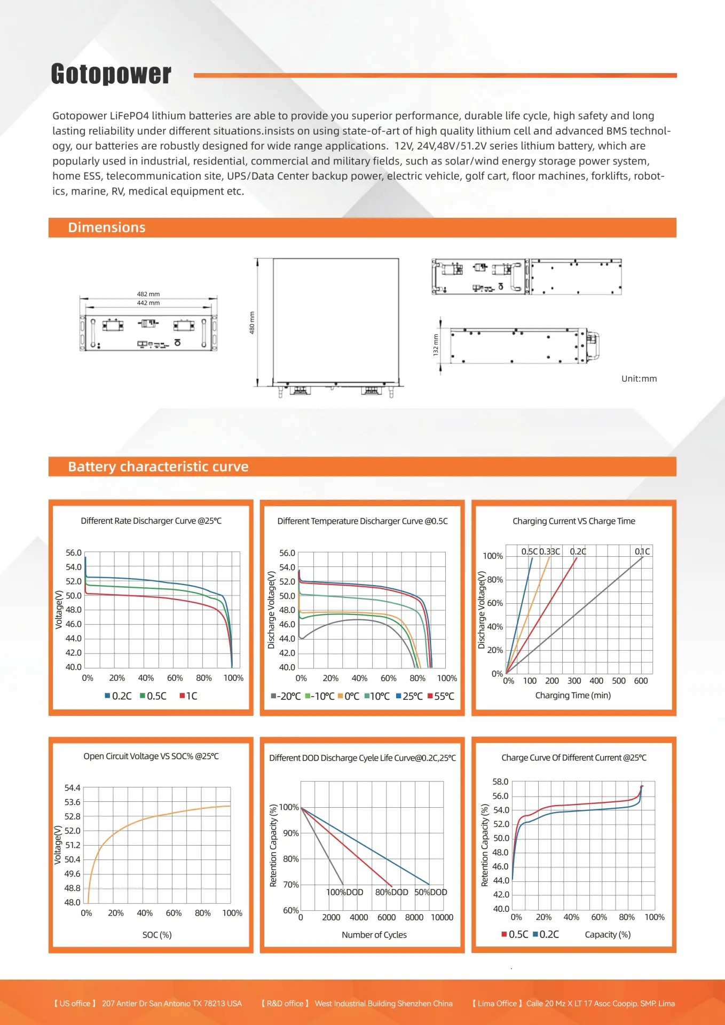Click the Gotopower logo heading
click(x=111, y=74)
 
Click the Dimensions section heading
click(x=107, y=227)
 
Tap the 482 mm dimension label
click(x=148, y=294)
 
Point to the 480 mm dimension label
click(x=252, y=322)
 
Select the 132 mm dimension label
click(x=436, y=344)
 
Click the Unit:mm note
click(x=639, y=379)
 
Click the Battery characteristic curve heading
click(x=158, y=467)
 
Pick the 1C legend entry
click(x=188, y=696)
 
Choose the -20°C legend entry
click(x=286, y=696)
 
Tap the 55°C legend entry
click(x=441, y=696)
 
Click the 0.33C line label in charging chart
click(x=549, y=551)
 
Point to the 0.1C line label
click(x=642, y=551)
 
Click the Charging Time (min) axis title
click(x=573, y=695)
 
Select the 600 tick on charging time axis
click(x=641, y=681)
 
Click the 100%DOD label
click(x=344, y=892)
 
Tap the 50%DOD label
click(x=431, y=892)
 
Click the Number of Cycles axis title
click(x=374, y=935)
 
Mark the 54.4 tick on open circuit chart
click(x=72, y=788)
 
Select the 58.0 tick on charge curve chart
click(x=500, y=782)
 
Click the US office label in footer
click(x=75, y=1004)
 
